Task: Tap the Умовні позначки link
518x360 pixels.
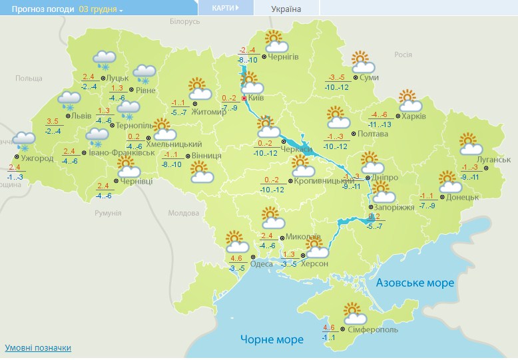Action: point(38,348)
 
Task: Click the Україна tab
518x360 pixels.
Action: point(286,9)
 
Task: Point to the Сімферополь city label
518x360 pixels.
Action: point(373,329)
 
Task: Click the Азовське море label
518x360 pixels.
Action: point(415,283)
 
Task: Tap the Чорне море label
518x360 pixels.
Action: point(272,339)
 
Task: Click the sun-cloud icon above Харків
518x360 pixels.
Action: point(410,100)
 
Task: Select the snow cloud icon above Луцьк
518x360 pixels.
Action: point(105,61)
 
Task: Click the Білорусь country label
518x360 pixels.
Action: point(184,22)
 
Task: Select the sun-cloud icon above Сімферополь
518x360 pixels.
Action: point(353,312)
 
